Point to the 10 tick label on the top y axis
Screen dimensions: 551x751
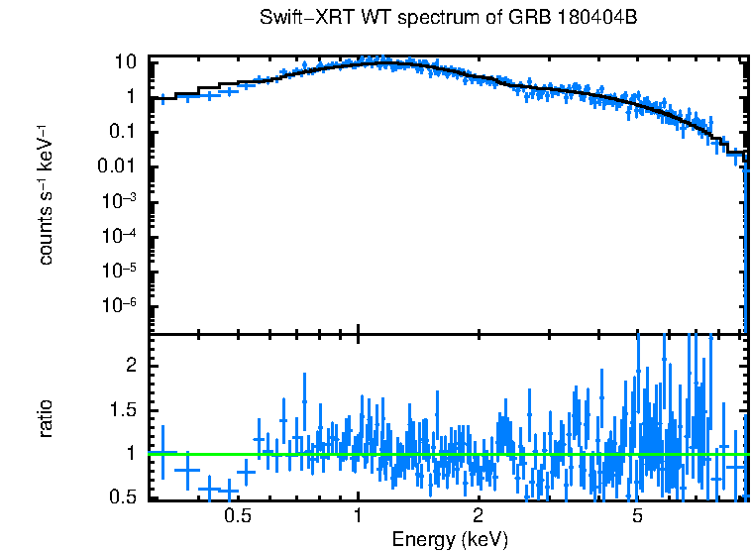click(124, 61)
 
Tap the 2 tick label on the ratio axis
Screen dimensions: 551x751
click(129, 366)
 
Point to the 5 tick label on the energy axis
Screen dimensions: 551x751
click(637, 515)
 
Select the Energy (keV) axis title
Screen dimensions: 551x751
click(450, 539)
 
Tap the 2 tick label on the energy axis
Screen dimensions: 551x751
click(478, 515)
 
